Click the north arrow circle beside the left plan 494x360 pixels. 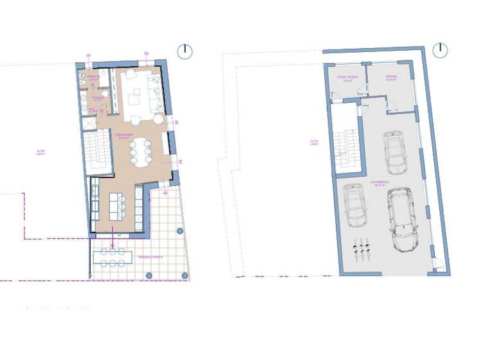(185, 51)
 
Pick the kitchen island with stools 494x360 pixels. (116, 205)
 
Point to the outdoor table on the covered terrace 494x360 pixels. (113, 257)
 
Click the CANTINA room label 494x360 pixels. (390, 79)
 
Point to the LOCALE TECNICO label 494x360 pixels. (345, 79)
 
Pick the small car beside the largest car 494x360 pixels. (354, 205)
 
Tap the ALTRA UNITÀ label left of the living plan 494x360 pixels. (41, 152)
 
